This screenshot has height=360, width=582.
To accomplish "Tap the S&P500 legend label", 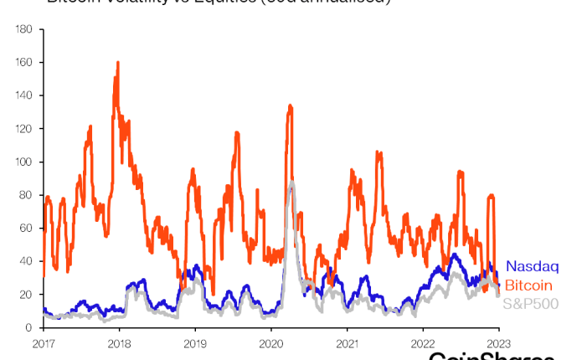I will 530,303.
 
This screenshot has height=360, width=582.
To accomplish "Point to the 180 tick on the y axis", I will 24,29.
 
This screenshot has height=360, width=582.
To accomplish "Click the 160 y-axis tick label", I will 24,63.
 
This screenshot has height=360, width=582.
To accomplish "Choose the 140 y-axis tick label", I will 24,95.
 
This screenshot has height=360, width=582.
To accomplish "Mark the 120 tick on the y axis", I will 24,129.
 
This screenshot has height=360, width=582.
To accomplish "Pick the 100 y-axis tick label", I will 24,162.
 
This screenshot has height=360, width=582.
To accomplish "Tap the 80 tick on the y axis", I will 27,195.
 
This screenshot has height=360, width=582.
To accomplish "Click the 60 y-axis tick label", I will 27,228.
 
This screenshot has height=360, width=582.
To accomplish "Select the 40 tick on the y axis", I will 27,261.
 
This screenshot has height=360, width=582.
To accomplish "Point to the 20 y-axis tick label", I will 27,295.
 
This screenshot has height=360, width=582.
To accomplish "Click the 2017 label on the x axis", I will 44,342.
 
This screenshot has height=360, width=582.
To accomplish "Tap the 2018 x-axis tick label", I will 120,342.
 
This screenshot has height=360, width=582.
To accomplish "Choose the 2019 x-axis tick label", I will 195,342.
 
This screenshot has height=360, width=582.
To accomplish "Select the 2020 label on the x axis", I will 271,342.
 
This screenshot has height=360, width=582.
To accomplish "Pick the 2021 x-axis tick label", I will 348,342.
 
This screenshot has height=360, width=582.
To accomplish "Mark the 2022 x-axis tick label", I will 423,342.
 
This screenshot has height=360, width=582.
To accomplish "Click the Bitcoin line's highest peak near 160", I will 118,63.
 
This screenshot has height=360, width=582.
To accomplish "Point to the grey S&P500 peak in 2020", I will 291,183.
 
